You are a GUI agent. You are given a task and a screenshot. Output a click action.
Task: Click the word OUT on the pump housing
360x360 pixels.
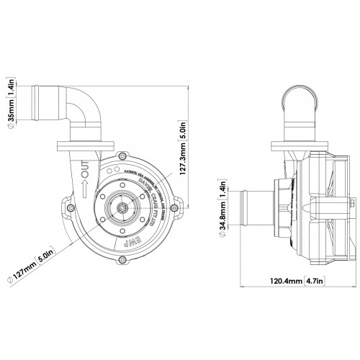(84, 173)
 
